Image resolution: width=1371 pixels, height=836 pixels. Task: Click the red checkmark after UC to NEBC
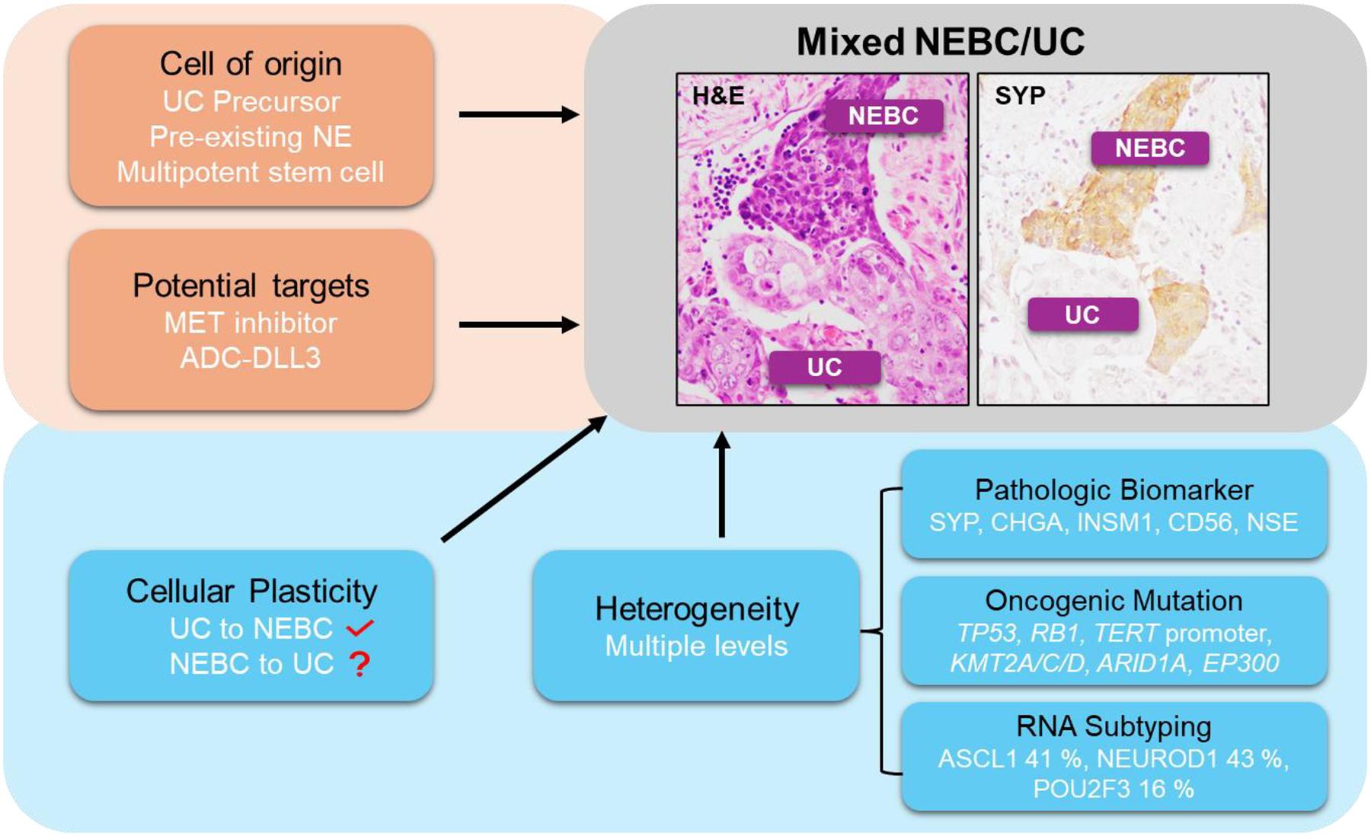[359, 628]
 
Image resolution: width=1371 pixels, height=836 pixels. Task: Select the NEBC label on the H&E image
[884, 116]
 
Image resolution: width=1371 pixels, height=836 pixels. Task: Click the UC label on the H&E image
[824, 367]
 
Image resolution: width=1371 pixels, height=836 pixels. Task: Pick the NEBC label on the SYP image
[1149, 148]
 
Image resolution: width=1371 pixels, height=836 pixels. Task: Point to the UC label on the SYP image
[1082, 314]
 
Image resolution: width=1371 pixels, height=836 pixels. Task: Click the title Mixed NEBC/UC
[941, 42]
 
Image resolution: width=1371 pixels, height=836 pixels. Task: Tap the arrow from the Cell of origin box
[518, 115]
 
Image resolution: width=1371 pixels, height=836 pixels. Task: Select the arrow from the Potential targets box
[518, 325]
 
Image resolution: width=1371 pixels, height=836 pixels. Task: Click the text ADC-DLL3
[250, 358]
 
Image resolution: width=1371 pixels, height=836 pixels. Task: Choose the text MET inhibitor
[250, 323]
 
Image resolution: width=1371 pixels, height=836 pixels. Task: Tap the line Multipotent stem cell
[250, 172]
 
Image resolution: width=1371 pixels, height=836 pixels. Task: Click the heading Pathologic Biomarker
[1114, 490]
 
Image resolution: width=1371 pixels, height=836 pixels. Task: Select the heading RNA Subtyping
[1114, 726]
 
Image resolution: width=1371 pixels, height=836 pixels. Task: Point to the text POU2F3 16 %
[1114, 789]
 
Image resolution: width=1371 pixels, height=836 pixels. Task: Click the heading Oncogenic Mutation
[1114, 601]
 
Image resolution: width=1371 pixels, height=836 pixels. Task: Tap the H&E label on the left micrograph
[717, 96]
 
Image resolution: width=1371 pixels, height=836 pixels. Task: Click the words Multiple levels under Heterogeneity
[696, 646]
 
